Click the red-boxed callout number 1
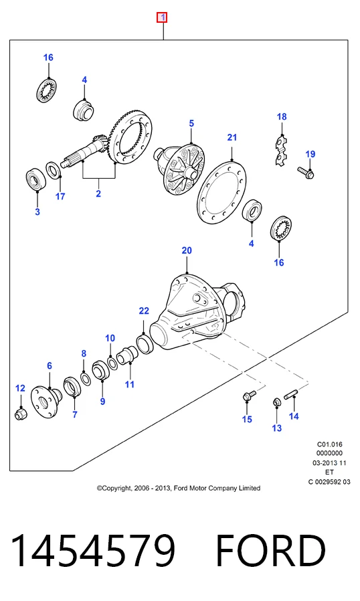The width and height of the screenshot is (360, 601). point(163,17)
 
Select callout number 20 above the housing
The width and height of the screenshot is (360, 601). point(186,250)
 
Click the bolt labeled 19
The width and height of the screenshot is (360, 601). point(306,173)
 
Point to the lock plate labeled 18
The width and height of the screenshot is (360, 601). point(282,150)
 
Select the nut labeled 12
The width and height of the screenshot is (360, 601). point(21,414)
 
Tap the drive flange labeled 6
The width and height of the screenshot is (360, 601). point(46,402)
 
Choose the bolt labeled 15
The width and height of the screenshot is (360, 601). point(249,395)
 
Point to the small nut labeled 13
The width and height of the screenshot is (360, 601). point(276,402)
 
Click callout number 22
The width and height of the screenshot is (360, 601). point(144,311)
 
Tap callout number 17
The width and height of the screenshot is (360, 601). point(60,196)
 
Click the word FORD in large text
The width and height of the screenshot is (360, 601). point(271,550)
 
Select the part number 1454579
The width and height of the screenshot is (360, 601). point(93,550)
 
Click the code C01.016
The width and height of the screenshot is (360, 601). point(330,444)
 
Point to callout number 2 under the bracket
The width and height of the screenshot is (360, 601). point(98,193)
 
